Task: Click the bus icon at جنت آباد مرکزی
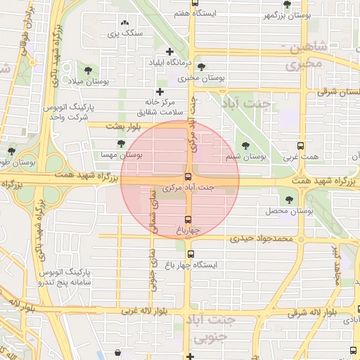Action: pos(188,176)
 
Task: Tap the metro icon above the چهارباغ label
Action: pos(187,219)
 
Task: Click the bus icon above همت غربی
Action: pos(301,146)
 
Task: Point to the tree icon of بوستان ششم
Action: pos(245,146)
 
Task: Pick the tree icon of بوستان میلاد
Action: pos(88,70)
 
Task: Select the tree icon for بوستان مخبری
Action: pos(202,67)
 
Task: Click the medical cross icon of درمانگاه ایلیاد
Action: pos(169,51)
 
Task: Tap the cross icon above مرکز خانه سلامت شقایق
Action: pos(160,91)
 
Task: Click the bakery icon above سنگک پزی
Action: pos(125,23)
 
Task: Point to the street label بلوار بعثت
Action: pos(124,126)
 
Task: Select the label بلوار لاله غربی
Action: pos(146,310)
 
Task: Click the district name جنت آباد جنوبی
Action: pos(212,329)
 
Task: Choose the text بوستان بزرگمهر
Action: pos(287,15)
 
